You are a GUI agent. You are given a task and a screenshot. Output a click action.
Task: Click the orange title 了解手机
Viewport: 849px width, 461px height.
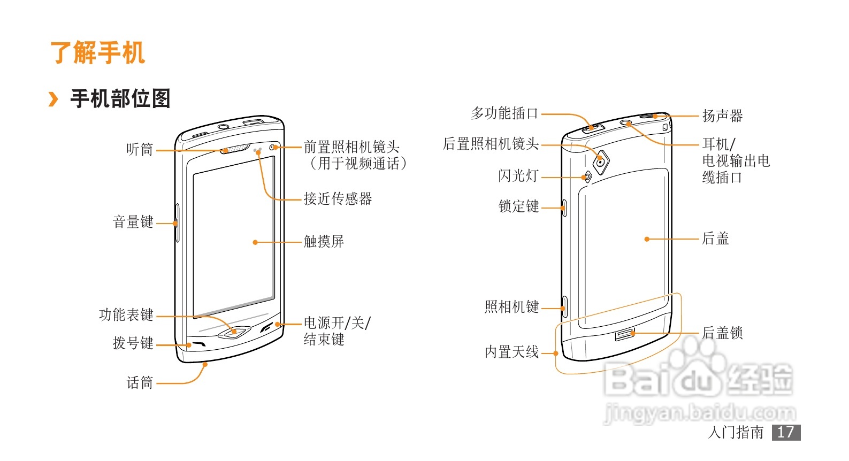pos(97,52)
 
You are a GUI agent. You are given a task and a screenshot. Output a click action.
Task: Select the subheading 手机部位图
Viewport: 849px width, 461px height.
pos(120,99)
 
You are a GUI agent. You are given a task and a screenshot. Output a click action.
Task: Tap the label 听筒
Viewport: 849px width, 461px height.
pos(140,150)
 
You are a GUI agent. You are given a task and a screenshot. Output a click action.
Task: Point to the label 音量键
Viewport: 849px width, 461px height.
pos(133,222)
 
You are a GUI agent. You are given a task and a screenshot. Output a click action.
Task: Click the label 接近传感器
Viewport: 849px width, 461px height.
pos(338,199)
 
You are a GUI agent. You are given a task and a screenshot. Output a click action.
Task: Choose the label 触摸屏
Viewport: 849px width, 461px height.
pos(324,242)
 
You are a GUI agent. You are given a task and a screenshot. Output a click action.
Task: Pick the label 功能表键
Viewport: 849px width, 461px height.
pos(126,315)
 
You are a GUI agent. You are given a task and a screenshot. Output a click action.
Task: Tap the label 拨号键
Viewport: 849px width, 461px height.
pos(133,343)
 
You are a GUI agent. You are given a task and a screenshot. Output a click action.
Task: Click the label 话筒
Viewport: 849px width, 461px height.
pos(140,383)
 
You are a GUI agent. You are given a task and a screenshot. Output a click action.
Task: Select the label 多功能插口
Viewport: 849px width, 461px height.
pos(504,113)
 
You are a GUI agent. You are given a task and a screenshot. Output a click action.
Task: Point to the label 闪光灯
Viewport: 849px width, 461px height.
pos(518,176)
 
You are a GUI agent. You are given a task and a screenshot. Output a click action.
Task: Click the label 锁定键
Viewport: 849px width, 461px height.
pos(518,206)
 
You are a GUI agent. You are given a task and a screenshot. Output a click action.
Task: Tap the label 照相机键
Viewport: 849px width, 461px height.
pos(511,307)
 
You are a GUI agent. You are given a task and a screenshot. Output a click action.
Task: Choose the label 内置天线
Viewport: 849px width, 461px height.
pos(511,352)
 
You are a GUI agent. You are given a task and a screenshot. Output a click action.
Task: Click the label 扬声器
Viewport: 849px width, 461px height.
pos(722,116)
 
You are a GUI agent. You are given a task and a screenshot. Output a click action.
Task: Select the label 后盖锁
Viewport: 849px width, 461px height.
pos(722,333)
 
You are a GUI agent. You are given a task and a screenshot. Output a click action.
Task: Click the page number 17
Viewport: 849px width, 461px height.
pos(786,432)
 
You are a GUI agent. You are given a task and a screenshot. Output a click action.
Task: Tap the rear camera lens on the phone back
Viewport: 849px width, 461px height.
pos(601,162)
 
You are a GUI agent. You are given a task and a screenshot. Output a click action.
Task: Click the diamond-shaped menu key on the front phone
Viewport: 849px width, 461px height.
pos(234,332)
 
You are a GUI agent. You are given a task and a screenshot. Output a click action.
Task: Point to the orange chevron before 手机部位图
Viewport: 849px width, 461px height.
pos(53,99)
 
